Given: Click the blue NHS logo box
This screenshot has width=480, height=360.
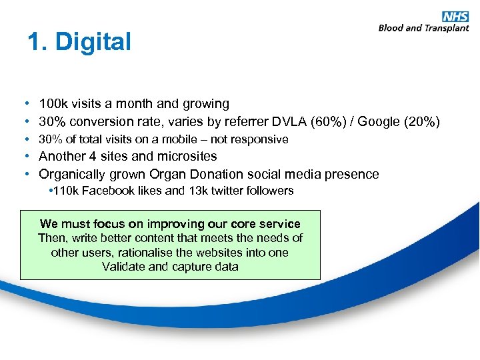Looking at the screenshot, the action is point(455,17).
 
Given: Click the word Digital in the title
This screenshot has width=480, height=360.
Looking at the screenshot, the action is point(93,42).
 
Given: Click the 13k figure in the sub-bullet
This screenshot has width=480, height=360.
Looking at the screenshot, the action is point(199,191).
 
